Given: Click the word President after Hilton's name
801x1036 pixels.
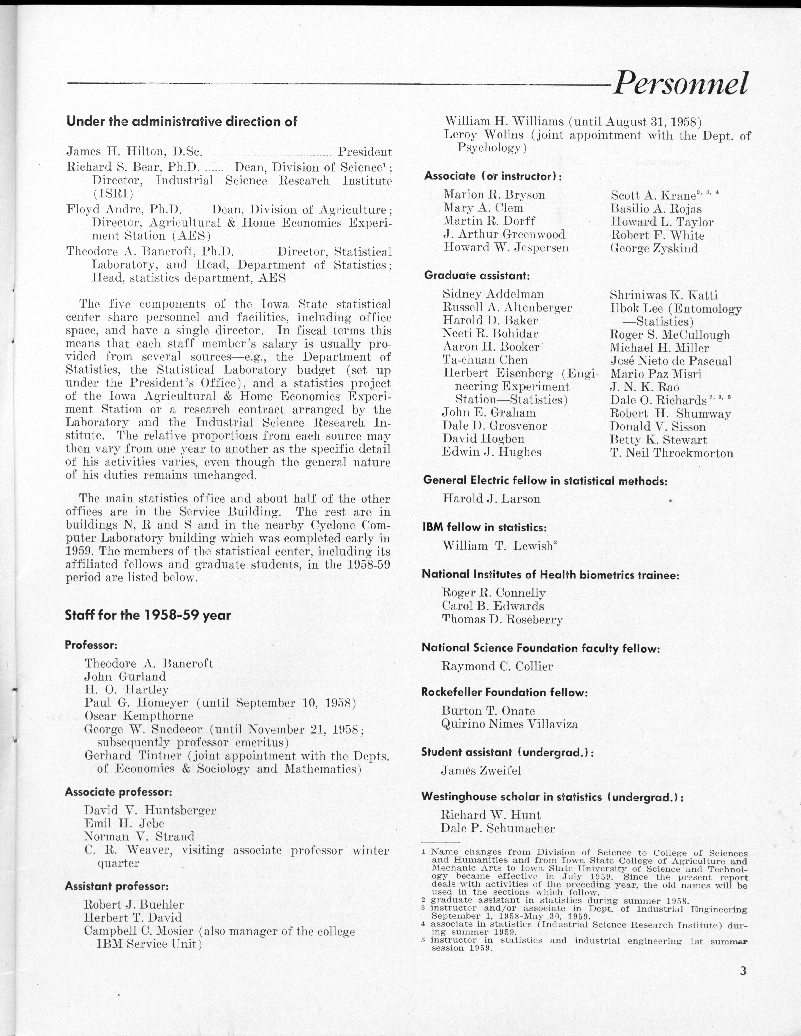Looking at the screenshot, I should click(364, 152).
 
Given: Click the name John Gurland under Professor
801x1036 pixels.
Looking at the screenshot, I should click(125, 676).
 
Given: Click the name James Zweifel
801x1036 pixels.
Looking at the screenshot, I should click(481, 770).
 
